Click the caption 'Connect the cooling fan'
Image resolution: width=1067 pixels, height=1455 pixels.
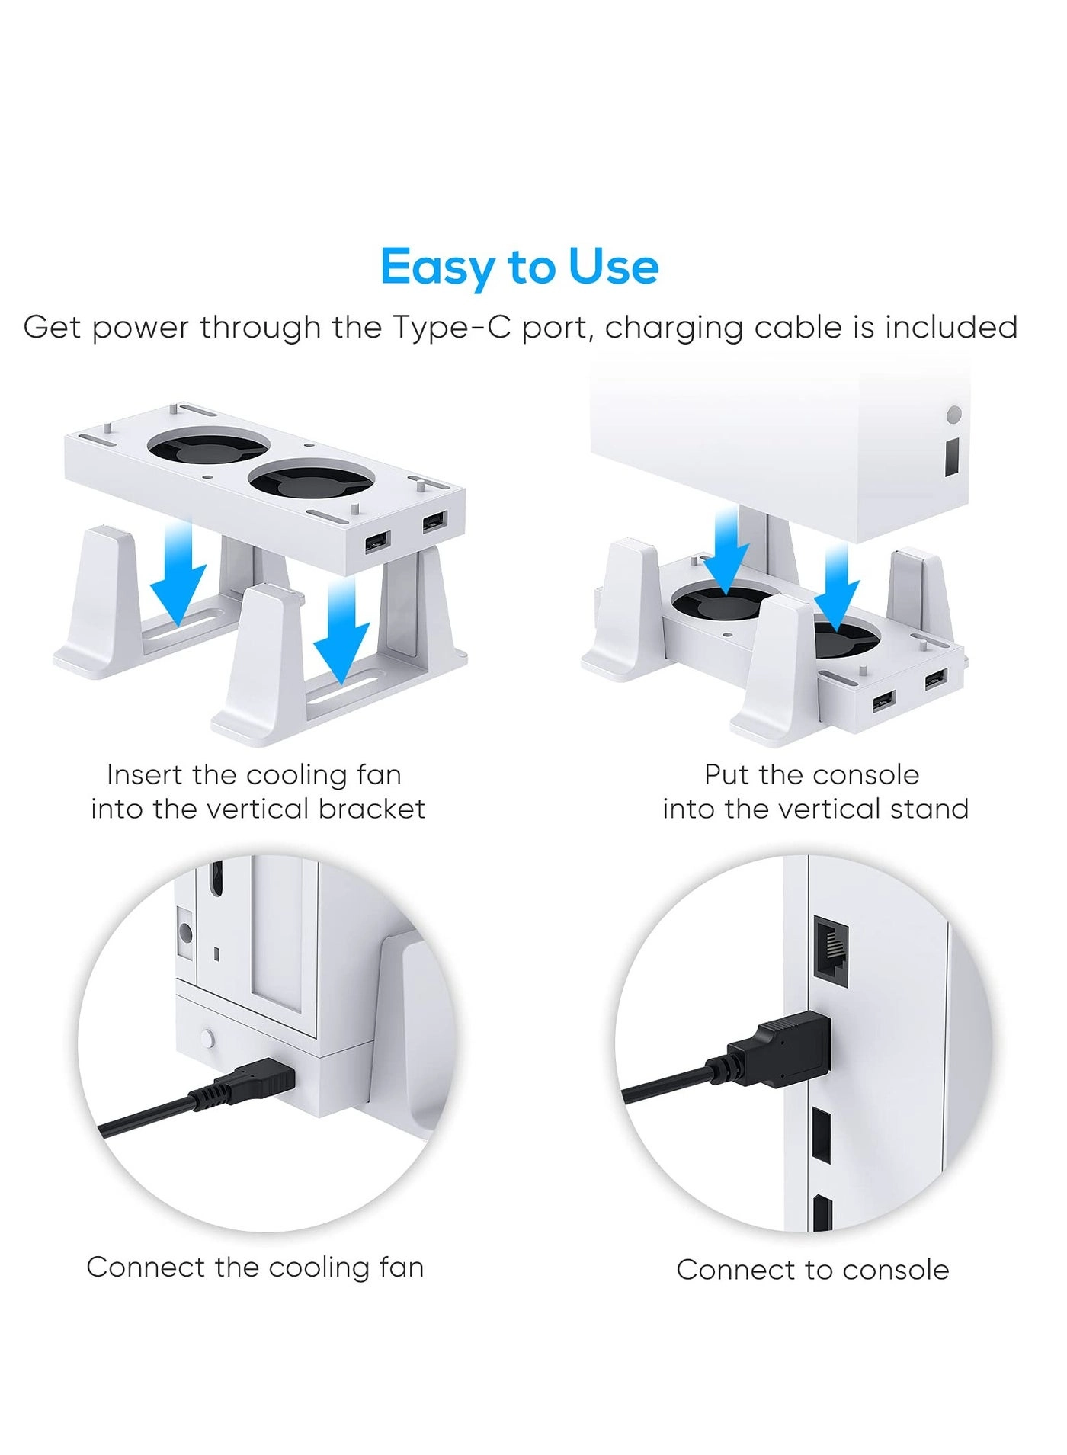point(255,1267)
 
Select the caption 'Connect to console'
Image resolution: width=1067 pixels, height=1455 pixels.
point(812,1270)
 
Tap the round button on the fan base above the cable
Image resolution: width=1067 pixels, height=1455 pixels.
point(207,1037)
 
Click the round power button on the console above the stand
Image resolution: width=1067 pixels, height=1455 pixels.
point(953,415)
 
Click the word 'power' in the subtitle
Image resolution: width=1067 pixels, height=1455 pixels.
point(141,328)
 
